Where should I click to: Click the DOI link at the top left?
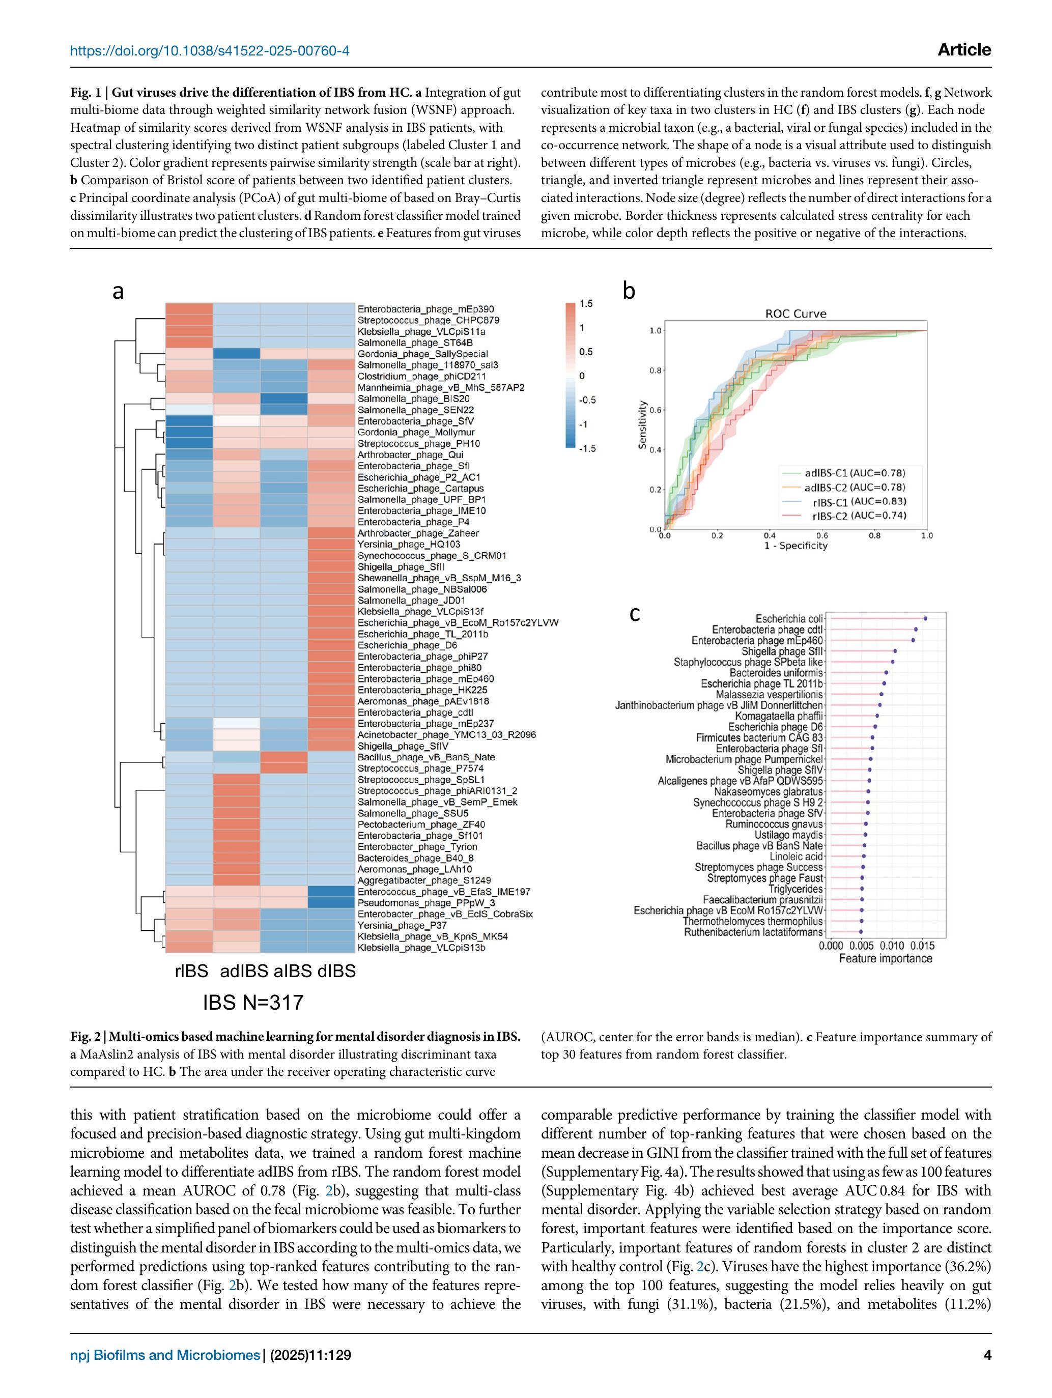(x=209, y=50)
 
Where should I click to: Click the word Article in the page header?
(x=964, y=50)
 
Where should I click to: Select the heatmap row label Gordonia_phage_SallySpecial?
(x=422, y=354)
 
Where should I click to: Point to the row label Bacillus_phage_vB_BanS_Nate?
(x=426, y=757)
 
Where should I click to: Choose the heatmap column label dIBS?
(x=336, y=971)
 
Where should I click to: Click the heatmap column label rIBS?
(x=191, y=971)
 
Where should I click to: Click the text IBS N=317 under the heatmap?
(x=253, y=1003)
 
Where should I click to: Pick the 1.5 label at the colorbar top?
(x=586, y=304)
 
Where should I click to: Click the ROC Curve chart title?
(x=795, y=313)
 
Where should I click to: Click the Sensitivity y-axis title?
(x=642, y=425)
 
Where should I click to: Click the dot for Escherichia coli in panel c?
(x=925, y=619)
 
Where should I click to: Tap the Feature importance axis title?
(x=885, y=958)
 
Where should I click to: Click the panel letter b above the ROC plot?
(x=629, y=291)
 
